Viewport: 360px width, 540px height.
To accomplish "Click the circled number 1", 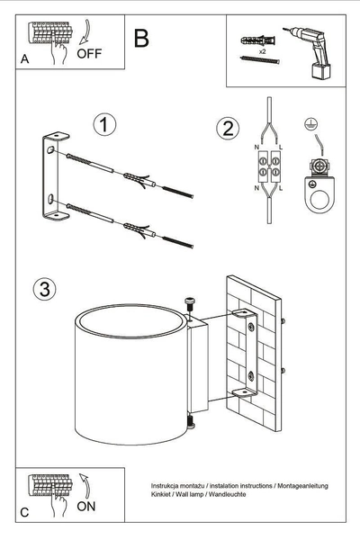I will [106, 124].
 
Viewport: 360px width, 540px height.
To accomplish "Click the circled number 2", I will [227, 129].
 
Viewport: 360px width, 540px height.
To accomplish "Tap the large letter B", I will [140, 39].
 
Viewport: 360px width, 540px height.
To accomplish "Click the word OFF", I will [89, 53].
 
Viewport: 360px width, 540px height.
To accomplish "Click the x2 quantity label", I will [261, 52].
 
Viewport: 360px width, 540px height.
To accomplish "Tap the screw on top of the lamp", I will [190, 304].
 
